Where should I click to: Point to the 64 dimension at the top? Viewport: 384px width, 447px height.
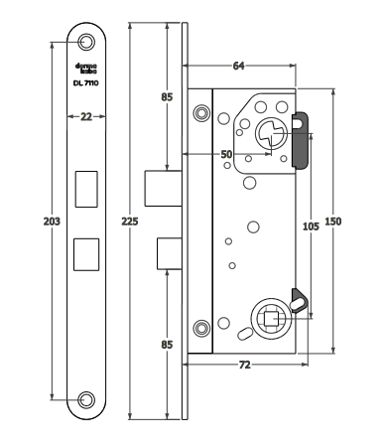(238, 68)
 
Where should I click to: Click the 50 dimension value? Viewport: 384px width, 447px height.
(227, 155)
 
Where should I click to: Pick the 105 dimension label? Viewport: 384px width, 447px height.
(310, 226)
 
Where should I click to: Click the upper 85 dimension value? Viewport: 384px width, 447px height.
(167, 98)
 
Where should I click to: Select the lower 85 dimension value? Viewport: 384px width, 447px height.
(167, 345)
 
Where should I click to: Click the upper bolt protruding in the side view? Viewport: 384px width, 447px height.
(159, 185)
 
